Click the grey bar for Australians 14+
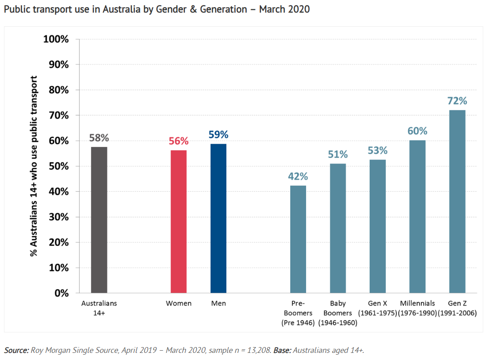(99, 220)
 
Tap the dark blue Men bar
(218, 218)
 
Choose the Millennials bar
(417, 217)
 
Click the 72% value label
(457, 101)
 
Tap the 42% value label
(298, 176)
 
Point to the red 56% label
(178, 141)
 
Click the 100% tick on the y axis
(56, 39)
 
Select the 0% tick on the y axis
(61, 293)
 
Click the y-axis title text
(34, 166)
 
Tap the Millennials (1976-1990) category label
(417, 308)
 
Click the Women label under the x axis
(178, 303)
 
